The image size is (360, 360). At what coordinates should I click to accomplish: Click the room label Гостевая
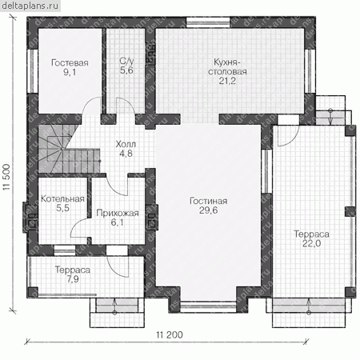click(x=70, y=62)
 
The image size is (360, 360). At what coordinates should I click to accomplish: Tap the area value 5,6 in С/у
click(x=126, y=70)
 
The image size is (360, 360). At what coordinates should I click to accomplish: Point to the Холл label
click(x=126, y=144)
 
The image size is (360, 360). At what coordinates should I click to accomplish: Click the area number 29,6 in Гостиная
click(x=208, y=210)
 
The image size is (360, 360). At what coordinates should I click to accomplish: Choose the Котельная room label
click(x=62, y=198)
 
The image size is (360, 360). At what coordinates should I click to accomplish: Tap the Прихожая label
click(x=118, y=213)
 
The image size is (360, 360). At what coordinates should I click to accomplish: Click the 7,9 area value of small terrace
click(x=73, y=279)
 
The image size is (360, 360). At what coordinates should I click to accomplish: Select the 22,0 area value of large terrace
click(x=311, y=243)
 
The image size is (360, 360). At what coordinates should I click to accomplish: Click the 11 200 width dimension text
click(x=170, y=334)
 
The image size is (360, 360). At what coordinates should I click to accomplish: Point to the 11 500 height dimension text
click(x=6, y=177)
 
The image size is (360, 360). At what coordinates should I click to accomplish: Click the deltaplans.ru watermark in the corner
click(x=30, y=6)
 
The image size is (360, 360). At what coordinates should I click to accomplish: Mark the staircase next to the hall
click(x=69, y=148)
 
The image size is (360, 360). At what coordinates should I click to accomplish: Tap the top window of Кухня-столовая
click(x=208, y=22)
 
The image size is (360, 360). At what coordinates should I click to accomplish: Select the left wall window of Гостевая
click(x=33, y=71)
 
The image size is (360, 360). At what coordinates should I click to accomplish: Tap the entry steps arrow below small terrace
click(x=115, y=306)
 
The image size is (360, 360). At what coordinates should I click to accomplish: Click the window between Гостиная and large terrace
click(x=266, y=171)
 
